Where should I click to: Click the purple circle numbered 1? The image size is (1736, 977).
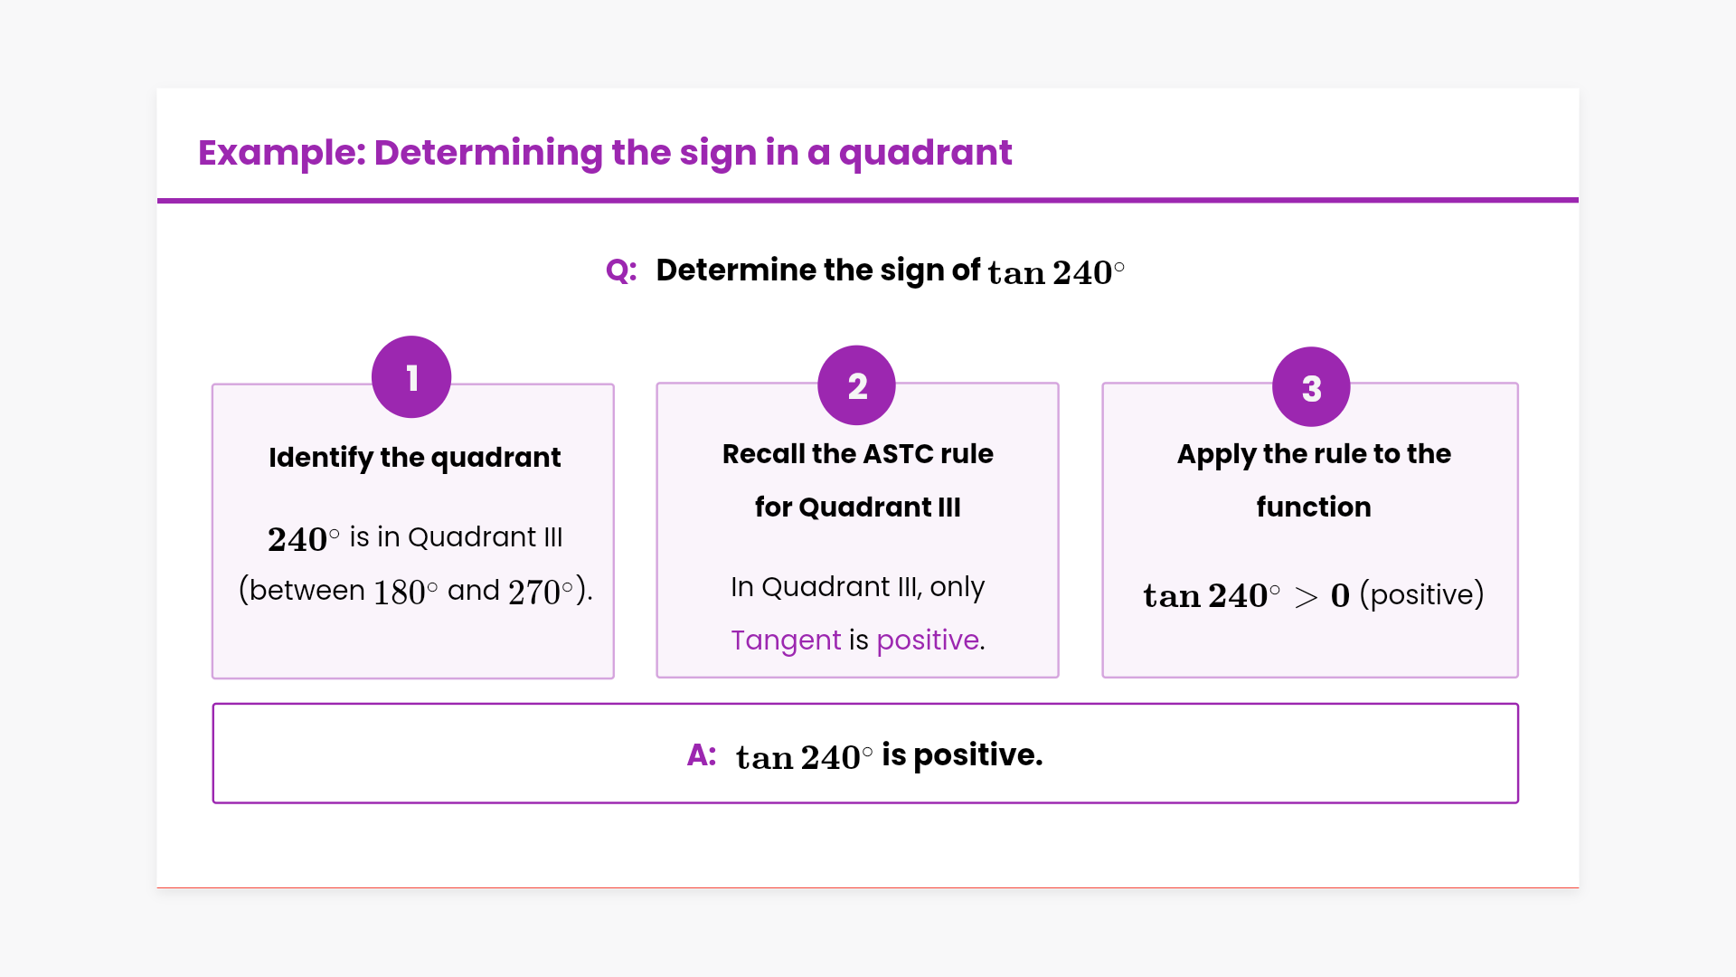411,377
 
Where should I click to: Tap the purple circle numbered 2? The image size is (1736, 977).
856,385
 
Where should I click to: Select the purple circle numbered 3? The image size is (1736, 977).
1311,387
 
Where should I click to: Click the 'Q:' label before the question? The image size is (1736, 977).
621,270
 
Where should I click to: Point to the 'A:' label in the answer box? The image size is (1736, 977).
702,754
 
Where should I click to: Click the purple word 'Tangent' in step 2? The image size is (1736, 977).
786,640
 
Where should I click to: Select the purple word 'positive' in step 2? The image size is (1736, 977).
928,640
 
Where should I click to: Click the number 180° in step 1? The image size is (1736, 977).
405,592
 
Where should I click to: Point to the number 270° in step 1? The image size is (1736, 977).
541,592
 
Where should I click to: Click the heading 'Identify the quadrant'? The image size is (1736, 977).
415,458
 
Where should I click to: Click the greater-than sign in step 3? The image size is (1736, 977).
1306,597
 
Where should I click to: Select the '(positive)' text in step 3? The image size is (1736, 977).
1422,594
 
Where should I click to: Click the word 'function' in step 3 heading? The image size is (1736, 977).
1314,507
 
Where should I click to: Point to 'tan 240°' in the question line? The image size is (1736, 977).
1056,272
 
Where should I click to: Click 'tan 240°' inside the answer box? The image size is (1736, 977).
805,757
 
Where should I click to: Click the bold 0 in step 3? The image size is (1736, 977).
1340,596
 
